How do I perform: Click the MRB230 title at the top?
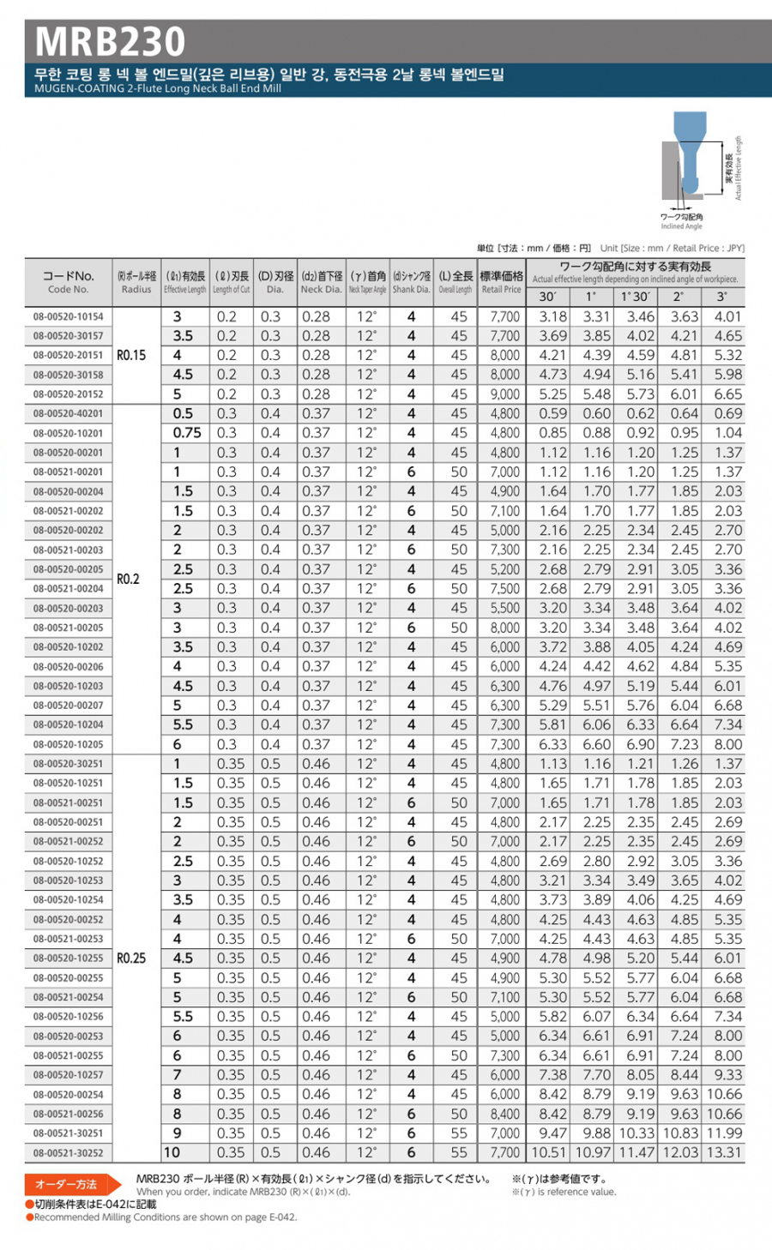click(x=111, y=41)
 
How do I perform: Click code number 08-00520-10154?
click(x=69, y=317)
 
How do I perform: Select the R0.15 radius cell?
click(x=131, y=356)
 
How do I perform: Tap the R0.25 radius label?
click(x=131, y=959)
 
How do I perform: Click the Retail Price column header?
click(x=501, y=282)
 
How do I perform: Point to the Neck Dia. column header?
click(x=322, y=282)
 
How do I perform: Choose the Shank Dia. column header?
click(x=411, y=282)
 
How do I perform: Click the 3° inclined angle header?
click(x=721, y=297)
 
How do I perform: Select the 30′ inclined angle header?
click(x=547, y=297)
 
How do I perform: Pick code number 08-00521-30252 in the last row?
click(x=69, y=1153)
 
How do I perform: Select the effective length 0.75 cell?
click(x=187, y=433)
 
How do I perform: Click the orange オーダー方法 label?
click(x=66, y=1185)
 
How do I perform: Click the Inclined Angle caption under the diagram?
click(x=681, y=226)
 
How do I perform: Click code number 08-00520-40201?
click(x=69, y=414)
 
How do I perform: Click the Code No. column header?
click(x=69, y=282)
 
